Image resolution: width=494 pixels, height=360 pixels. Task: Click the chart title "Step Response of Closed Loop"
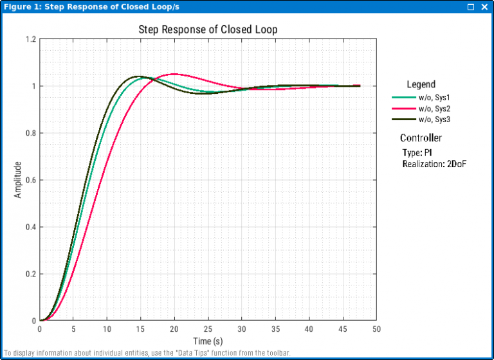click(x=208, y=30)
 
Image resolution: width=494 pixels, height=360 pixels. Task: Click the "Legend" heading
click(x=421, y=84)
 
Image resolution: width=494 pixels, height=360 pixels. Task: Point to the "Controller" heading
click(x=421, y=138)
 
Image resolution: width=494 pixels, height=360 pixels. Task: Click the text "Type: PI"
click(x=417, y=153)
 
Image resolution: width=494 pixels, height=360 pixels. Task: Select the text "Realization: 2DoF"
click(x=434, y=164)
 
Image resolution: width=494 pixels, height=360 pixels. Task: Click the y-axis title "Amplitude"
click(x=18, y=179)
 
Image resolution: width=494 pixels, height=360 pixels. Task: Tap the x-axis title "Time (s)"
click(x=208, y=341)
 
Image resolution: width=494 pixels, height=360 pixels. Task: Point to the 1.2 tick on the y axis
click(x=30, y=39)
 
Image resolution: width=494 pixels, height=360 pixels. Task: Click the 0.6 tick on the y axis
click(x=30, y=180)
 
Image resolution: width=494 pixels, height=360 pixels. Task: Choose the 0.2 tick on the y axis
click(x=30, y=274)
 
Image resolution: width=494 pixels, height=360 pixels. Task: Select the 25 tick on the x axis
click(x=208, y=329)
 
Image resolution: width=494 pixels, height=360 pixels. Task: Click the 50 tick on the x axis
click(x=376, y=329)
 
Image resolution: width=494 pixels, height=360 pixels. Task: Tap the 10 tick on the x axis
click(x=107, y=329)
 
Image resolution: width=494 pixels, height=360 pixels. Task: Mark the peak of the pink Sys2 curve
click(x=174, y=74)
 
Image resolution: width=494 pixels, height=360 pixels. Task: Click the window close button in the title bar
click(x=484, y=6)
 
